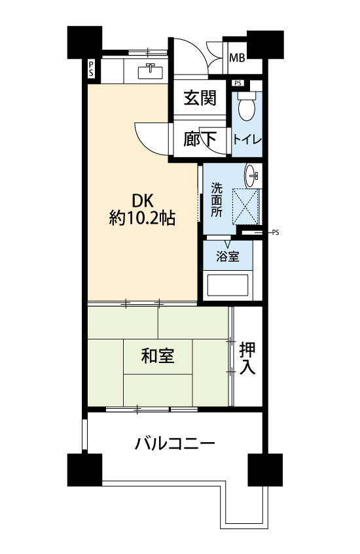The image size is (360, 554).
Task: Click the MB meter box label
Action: click(237, 58)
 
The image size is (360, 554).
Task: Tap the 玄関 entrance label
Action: click(200, 97)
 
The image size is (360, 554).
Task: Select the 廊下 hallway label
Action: click(200, 139)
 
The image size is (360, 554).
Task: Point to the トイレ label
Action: click(247, 139)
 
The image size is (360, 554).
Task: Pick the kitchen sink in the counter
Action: click(151, 71)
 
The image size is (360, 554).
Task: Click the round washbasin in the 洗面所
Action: click(252, 175)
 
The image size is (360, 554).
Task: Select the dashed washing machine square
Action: click(245, 207)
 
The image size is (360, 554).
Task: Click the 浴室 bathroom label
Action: click(228, 256)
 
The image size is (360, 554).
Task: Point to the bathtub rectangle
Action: click(227, 285)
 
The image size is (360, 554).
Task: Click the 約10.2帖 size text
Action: click(142, 218)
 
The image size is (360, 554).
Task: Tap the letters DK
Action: click(143, 201)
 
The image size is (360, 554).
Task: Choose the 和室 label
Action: click(158, 355)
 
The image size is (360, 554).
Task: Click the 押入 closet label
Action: click(247, 358)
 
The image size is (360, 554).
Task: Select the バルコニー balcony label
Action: click(175, 443)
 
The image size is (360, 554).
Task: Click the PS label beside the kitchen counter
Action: click(91, 69)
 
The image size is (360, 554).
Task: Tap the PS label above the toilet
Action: click(238, 83)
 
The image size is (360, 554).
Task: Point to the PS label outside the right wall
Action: click(276, 232)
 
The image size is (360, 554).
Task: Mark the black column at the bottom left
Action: click(84, 470)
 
